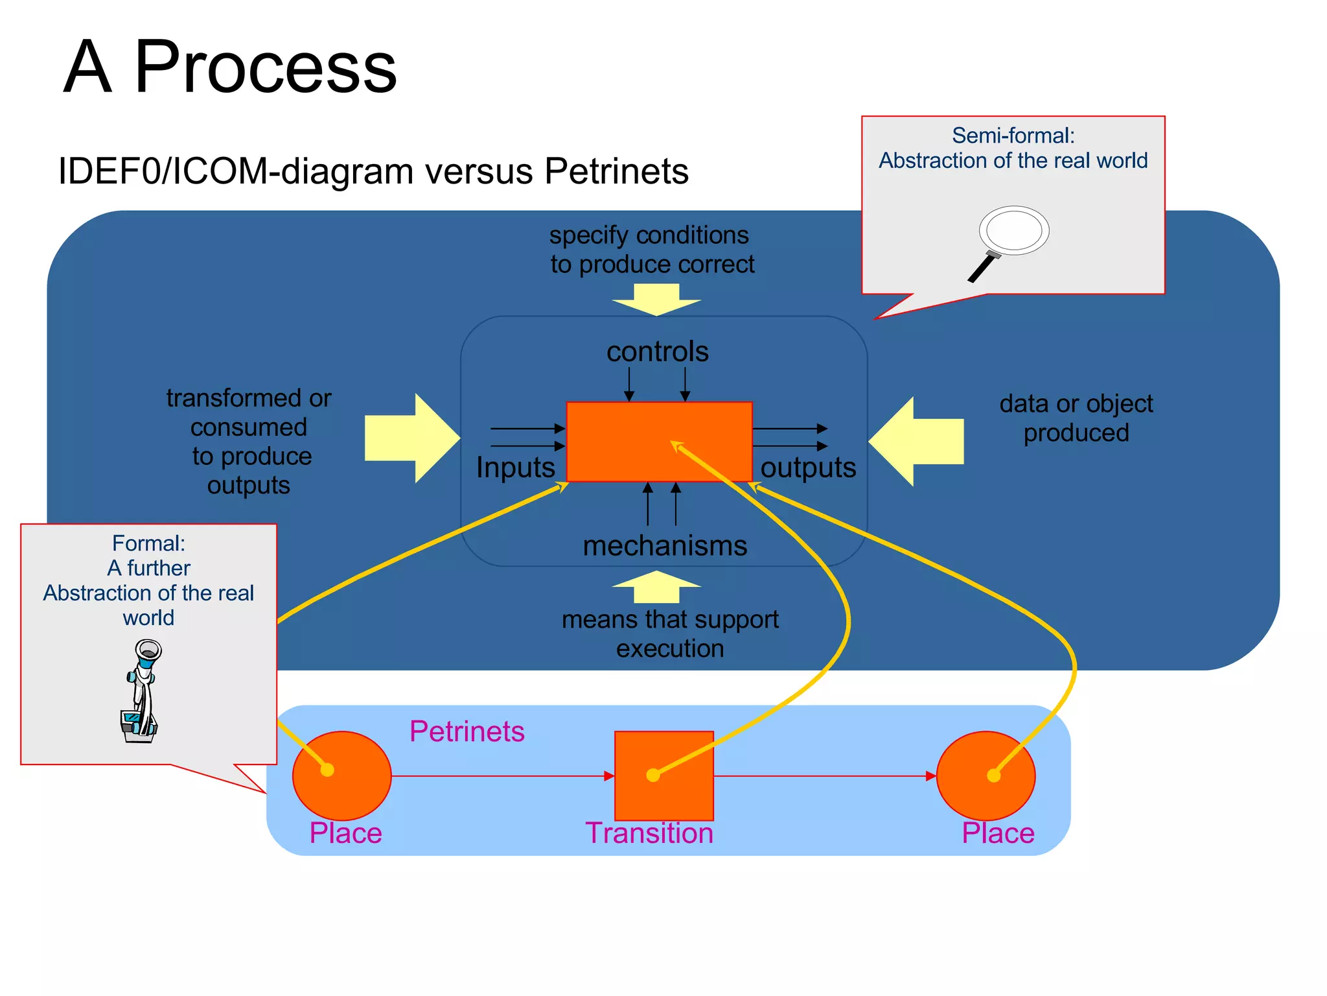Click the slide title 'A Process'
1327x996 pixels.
pyautogui.click(x=230, y=67)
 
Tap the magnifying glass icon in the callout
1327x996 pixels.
pyautogui.click(x=1011, y=240)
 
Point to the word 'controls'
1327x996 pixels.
pyautogui.click(x=657, y=351)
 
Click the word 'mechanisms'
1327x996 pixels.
pyautogui.click(x=665, y=545)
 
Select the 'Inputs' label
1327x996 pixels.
pyautogui.click(x=515, y=468)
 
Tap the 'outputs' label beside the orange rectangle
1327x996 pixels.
pyautogui.click(x=808, y=468)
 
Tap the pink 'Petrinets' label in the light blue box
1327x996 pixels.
pyautogui.click(x=467, y=731)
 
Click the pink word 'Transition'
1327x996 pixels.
pyautogui.click(x=649, y=833)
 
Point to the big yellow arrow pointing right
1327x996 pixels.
pyautogui.click(x=411, y=438)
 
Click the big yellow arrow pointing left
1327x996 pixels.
pyautogui.click(x=917, y=442)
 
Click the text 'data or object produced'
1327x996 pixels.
pyautogui.click(x=1076, y=418)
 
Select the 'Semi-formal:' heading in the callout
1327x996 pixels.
pyautogui.click(x=1013, y=136)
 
